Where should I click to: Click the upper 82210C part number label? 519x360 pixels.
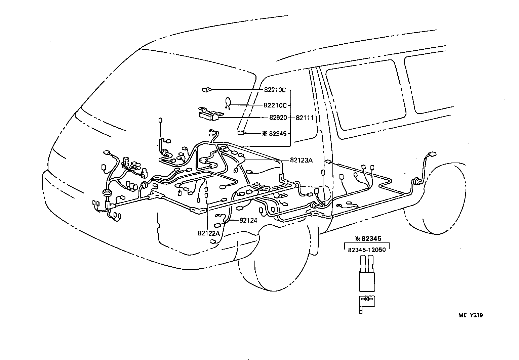(x=274, y=90)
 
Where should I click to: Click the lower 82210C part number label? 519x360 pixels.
(x=275, y=105)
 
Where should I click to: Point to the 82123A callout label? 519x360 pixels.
(x=301, y=161)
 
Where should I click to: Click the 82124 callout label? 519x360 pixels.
(x=248, y=221)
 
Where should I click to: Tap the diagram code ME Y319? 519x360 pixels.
(x=471, y=315)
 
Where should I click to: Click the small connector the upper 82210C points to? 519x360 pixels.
(x=206, y=90)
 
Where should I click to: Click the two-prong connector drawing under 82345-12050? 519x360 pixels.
(x=367, y=274)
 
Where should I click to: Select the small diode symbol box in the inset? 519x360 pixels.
(x=367, y=299)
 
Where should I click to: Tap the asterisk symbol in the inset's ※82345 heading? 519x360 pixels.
(x=358, y=239)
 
